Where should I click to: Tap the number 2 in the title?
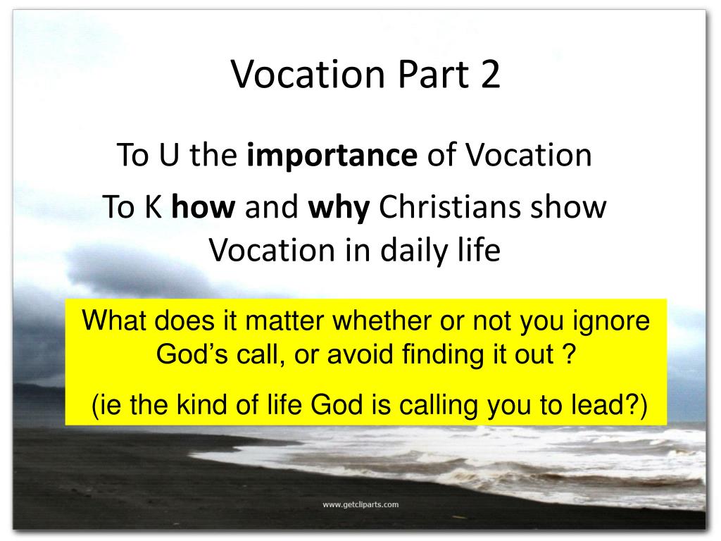[490, 75]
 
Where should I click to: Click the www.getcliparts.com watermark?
[360, 504]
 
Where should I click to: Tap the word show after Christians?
[573, 209]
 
